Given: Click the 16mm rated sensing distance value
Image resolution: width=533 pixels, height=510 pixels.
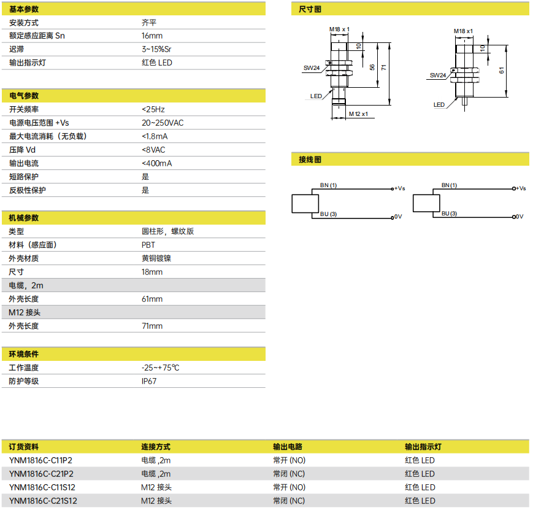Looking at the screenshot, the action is [152, 36].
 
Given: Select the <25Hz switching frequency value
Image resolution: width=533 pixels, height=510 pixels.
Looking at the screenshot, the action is [153, 109].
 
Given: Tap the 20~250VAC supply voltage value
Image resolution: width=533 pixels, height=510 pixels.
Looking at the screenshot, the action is [163, 123].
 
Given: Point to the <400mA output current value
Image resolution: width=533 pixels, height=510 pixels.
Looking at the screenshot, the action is [156, 163].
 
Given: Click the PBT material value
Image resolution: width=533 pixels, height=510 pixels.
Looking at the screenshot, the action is [148, 245].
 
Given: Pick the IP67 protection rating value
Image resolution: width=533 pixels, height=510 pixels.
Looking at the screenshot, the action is [149, 381].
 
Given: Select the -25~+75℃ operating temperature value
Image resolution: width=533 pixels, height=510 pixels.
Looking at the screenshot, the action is [161, 368].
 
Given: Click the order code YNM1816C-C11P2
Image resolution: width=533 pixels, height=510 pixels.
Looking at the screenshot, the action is [41, 460].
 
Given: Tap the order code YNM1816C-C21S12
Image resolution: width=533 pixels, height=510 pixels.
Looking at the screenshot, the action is [43, 501].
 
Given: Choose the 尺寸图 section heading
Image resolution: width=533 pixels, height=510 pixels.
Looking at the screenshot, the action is [310, 9].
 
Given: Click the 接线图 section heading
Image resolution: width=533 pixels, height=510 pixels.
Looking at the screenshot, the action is [310, 160].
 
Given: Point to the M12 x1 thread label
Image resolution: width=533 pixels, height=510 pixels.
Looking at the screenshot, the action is [358, 114].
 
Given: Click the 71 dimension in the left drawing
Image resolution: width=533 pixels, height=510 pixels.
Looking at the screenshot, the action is [384, 68].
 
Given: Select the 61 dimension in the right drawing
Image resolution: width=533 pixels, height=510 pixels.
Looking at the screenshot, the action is [502, 71].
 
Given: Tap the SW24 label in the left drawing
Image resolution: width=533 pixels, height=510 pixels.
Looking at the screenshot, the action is [312, 68].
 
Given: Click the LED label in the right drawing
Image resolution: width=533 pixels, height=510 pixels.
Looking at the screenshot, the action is [439, 105].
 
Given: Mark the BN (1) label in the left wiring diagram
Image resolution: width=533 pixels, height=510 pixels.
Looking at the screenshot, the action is [328, 185].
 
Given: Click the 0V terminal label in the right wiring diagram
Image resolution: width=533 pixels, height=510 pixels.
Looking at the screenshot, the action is [520, 217].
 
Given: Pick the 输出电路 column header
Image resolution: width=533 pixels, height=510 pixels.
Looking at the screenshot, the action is [288, 447].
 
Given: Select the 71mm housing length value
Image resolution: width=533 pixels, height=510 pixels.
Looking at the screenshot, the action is [152, 326].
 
